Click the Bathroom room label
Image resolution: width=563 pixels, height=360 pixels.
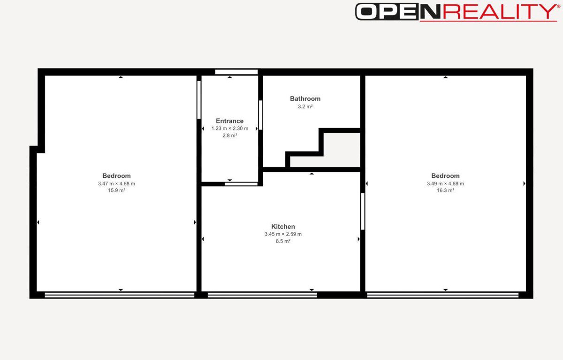(305, 99)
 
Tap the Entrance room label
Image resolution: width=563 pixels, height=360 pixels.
(229, 121)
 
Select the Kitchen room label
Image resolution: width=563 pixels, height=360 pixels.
(283, 227)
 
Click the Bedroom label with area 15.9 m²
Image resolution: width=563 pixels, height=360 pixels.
(116, 176)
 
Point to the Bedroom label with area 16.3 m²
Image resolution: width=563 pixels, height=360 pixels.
(445, 176)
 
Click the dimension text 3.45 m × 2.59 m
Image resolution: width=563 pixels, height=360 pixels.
(283, 234)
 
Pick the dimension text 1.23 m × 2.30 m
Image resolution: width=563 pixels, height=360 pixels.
(230, 129)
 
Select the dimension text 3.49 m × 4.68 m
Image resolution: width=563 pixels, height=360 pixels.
(445, 184)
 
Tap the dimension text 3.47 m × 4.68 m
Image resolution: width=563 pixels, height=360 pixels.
(116, 184)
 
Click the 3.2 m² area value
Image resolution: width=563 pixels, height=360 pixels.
(305, 107)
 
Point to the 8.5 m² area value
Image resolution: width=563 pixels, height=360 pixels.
(283, 241)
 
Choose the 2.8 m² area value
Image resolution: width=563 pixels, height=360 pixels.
(230, 136)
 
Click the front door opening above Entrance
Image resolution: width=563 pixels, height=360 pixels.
(236, 72)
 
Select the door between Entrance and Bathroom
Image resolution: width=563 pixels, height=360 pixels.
(261, 115)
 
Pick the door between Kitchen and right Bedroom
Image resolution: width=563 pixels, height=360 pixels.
(363, 211)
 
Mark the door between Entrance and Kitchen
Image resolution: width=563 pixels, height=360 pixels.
(241, 184)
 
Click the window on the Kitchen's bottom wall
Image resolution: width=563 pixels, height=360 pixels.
(262, 295)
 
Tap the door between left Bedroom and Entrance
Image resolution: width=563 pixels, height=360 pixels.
(199, 100)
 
